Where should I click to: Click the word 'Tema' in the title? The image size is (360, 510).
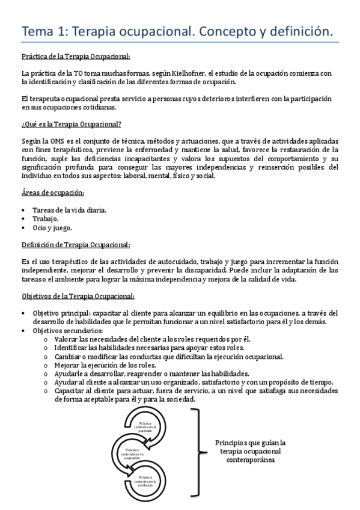(x=40, y=30)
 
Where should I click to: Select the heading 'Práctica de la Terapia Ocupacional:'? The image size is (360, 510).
(x=75, y=57)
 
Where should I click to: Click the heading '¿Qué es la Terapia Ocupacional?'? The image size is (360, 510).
(x=72, y=124)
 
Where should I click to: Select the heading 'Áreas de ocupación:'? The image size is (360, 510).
(x=52, y=192)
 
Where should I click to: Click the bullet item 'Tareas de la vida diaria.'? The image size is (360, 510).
(x=70, y=210)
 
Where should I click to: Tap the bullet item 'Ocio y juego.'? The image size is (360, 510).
(x=53, y=228)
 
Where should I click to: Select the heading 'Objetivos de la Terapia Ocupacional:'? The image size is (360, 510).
(x=78, y=296)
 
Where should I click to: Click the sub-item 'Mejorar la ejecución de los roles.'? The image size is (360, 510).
(x=105, y=364)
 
